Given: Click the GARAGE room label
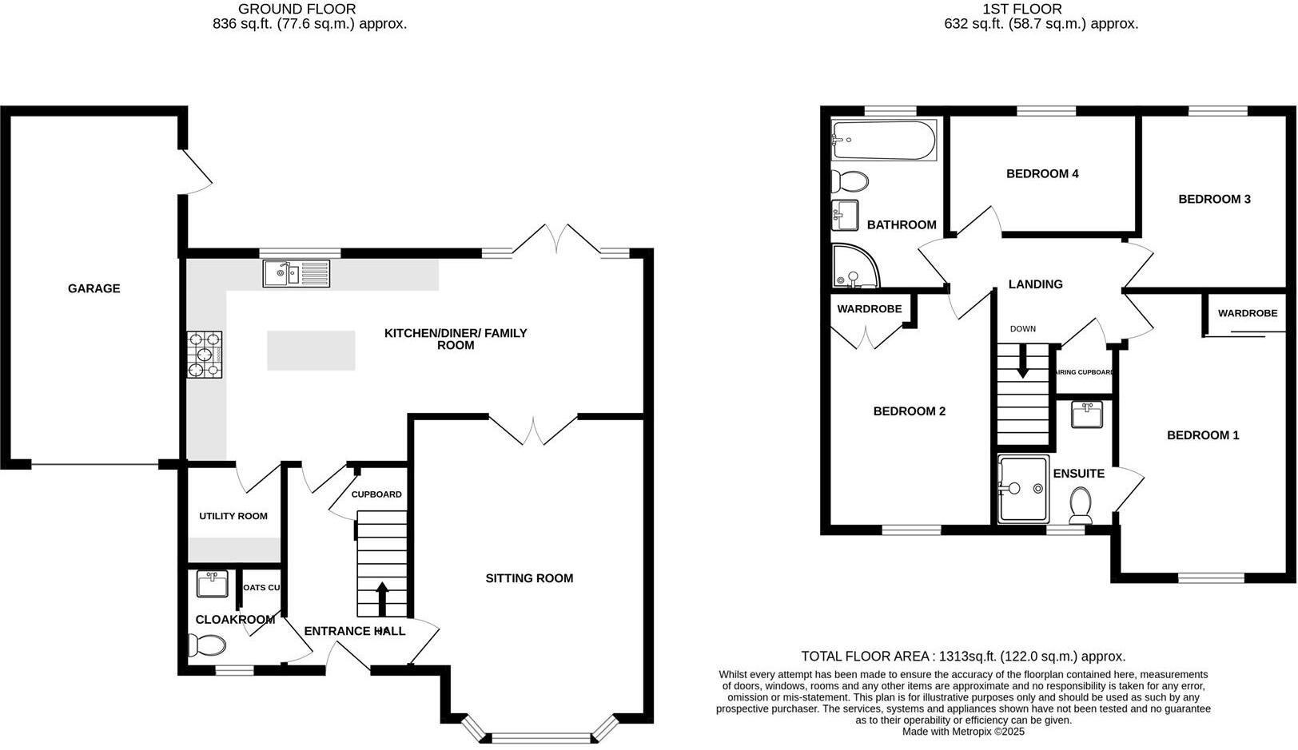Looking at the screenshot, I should pos(94,288).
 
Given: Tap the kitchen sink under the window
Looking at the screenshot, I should pos(296,274).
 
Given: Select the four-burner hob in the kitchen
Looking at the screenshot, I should pos(204,355).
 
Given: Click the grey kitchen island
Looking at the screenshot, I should pos(311,351).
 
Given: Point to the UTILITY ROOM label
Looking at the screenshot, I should pos(233,516).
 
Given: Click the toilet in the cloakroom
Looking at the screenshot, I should pos(206,644).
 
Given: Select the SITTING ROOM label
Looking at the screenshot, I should pos(529,578).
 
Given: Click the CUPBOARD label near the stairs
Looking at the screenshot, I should pos(376,494).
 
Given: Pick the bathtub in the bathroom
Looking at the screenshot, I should pos(882,141).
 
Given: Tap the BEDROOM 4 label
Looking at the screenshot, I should pos(1042,173).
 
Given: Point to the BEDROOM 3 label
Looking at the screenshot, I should pos(1214,199).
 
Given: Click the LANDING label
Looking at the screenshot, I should pos(1035,284).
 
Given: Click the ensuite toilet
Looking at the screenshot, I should pos(1081,505).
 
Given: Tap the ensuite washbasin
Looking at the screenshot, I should pos(1086,415).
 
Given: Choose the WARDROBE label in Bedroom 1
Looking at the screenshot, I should pos(1247,313).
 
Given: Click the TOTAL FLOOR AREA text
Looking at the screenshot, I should pos(962,657).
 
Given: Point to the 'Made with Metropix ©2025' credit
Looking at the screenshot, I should pos(962,731).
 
